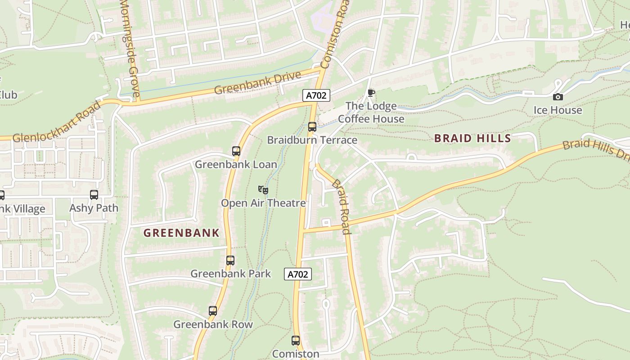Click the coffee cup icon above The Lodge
(x=371, y=93)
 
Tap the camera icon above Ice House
(x=558, y=97)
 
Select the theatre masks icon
(x=263, y=190)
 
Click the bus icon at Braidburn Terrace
(x=312, y=127)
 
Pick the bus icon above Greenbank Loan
(x=236, y=151)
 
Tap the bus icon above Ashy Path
(x=94, y=195)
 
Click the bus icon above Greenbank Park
(x=230, y=261)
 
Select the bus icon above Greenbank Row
(x=213, y=311)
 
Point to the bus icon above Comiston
(x=296, y=341)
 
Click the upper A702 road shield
(x=316, y=95)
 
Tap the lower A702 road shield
(x=298, y=274)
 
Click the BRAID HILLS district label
(x=472, y=139)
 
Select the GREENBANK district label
(x=181, y=233)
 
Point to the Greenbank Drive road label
(x=257, y=82)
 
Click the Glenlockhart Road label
(x=57, y=123)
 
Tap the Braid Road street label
(x=341, y=207)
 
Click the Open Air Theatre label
(x=263, y=203)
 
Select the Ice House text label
(x=558, y=110)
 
